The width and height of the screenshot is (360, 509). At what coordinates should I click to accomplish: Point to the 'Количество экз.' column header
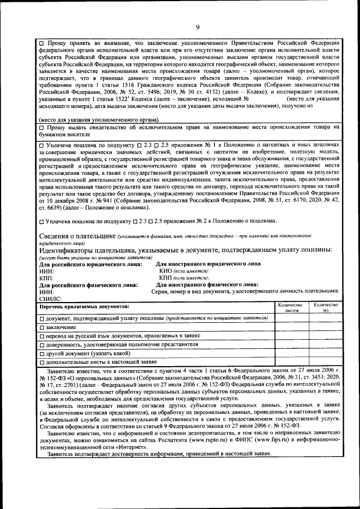[326, 307]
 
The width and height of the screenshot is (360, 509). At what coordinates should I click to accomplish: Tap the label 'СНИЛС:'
[50, 299]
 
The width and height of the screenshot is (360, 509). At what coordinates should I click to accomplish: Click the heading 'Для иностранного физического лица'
[206, 285]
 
